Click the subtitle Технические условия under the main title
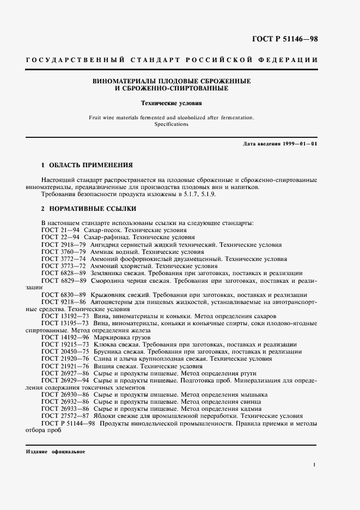[x=172, y=102]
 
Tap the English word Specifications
[x=172, y=124]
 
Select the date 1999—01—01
[x=300, y=143]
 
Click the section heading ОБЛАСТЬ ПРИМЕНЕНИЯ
[x=91, y=165]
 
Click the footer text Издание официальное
[x=56, y=452]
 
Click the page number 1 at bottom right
[x=315, y=464]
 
